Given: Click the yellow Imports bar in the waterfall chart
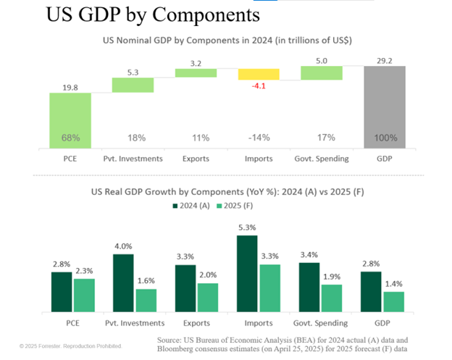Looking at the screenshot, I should click(259, 74).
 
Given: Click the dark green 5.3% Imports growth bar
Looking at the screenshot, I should click(248, 274).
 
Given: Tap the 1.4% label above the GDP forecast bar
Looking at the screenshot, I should click(394, 285).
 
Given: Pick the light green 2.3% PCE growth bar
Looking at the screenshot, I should click(83, 296).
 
